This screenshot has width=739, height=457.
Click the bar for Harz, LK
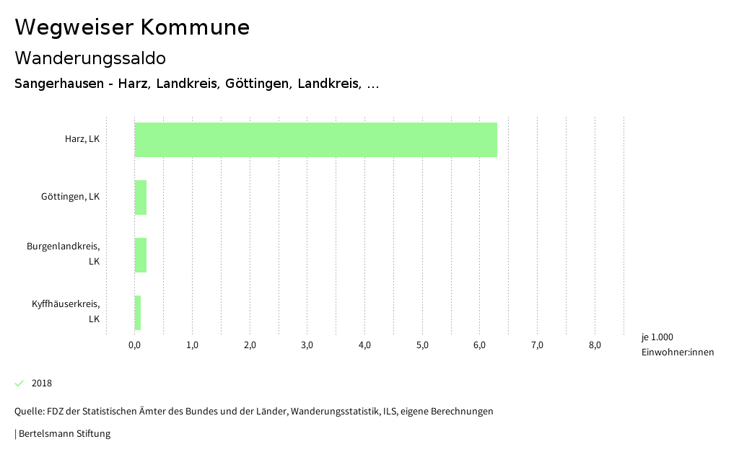coord(316,140)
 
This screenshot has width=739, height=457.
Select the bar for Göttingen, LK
coord(141,198)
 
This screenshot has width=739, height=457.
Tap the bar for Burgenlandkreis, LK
coord(141,255)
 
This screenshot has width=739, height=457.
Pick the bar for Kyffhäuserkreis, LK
coord(138,313)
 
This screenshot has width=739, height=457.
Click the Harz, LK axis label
coord(82,139)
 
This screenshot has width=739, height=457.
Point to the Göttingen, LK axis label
coord(70,197)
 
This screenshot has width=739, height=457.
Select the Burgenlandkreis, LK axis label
coord(64,254)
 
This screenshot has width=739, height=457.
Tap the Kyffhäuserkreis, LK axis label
coord(66,311)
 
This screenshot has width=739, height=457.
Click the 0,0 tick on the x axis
coord(135,345)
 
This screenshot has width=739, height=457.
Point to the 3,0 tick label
coord(307,345)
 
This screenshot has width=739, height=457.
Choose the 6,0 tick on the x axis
coord(480,345)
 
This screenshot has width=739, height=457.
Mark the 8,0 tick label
coord(595,345)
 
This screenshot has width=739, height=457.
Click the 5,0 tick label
coord(422,345)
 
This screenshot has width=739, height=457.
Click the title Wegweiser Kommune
coord(132,27)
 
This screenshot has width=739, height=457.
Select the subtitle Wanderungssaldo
coord(90,58)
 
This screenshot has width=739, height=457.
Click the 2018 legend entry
coord(42,383)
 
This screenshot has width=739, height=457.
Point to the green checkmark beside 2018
coord(19,383)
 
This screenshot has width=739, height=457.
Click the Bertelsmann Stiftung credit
coord(64,434)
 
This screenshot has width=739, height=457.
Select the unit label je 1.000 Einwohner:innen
coord(677,345)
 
